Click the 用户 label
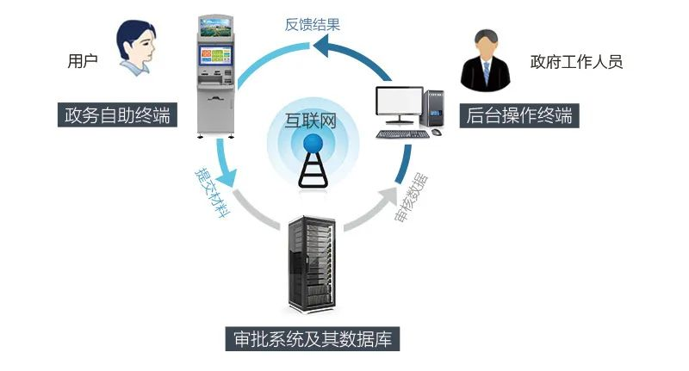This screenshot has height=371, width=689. click(83, 60)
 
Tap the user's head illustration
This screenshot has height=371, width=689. click(136, 47)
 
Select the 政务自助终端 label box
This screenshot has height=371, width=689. click(117, 115)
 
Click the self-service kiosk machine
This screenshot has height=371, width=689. click(215, 77)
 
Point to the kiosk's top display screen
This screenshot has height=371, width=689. click(215, 28)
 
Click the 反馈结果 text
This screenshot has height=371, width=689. click(313, 25)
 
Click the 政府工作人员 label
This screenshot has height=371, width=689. click(576, 62)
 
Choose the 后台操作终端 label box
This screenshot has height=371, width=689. click(519, 116)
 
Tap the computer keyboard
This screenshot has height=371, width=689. click(403, 134)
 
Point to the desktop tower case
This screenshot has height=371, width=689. click(433, 108)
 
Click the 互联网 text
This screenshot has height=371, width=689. click(311, 121)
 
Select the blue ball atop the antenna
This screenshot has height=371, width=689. click(313, 143)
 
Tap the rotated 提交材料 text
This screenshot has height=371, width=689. click(213, 193)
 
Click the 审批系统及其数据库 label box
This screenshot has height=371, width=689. click(313, 338)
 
